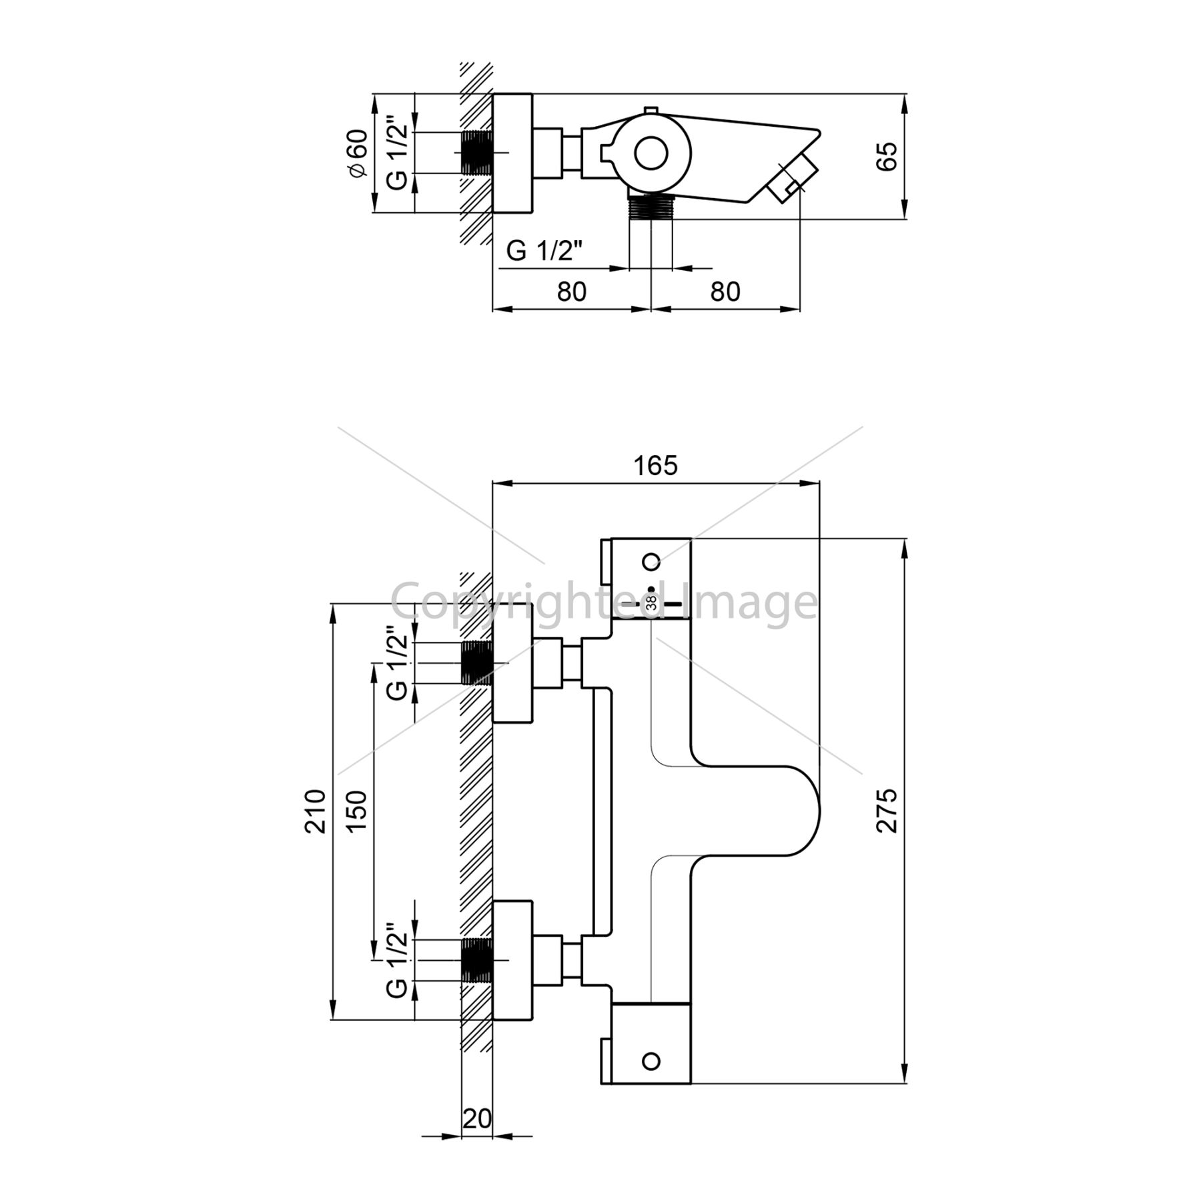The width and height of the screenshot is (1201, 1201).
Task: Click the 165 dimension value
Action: point(656,466)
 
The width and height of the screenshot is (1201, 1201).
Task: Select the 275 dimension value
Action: point(887,810)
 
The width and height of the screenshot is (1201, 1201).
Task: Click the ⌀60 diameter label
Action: point(357,153)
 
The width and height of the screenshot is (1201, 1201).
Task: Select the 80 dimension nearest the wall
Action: point(571,292)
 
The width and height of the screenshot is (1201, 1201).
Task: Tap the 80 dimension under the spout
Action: point(725,292)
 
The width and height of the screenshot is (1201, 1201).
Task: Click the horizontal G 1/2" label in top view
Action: point(545,251)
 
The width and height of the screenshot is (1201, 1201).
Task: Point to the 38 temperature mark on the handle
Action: point(652,603)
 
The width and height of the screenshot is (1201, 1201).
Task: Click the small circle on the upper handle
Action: point(652,561)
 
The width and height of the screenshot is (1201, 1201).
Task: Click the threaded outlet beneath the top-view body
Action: point(651,208)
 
